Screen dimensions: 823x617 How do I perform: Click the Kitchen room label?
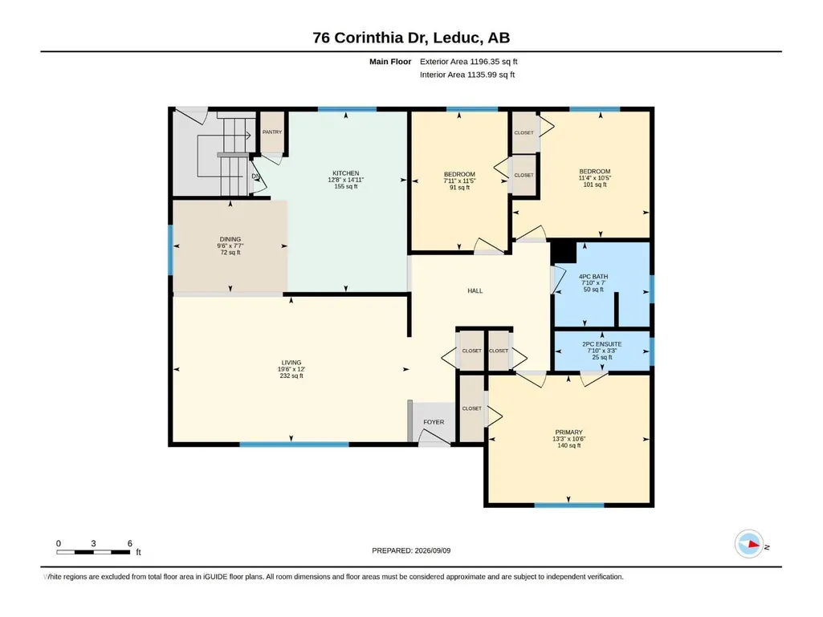(x=346, y=173)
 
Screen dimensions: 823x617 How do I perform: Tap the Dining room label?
(x=230, y=239)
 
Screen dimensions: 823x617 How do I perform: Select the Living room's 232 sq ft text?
(x=291, y=375)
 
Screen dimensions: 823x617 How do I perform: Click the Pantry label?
(x=272, y=132)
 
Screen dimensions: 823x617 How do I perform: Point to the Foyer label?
(x=434, y=422)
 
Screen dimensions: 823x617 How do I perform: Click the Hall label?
(x=475, y=290)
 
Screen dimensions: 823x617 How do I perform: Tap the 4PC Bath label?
(x=593, y=277)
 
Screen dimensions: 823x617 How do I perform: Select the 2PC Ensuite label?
(x=602, y=344)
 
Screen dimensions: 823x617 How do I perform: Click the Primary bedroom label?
(x=569, y=432)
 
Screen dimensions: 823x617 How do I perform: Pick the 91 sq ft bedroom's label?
(x=459, y=174)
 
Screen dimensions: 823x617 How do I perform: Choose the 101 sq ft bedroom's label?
(x=595, y=172)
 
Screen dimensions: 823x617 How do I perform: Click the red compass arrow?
(x=754, y=544)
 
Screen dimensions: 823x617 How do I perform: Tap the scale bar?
(x=93, y=552)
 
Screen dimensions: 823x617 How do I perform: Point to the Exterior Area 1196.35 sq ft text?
(x=469, y=62)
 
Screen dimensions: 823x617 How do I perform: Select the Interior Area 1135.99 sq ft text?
(x=467, y=75)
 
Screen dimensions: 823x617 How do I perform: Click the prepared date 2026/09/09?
(x=433, y=550)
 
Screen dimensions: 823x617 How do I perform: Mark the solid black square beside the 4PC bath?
(x=563, y=252)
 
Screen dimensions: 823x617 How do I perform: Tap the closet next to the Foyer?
(x=471, y=408)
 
